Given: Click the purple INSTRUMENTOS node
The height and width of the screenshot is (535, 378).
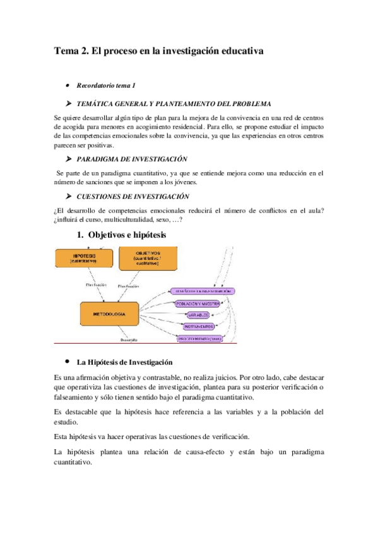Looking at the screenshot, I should [199, 327].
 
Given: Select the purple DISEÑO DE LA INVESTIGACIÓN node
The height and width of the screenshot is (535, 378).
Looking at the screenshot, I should [202, 291].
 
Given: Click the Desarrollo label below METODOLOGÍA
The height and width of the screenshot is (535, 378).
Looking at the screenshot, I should [129, 341].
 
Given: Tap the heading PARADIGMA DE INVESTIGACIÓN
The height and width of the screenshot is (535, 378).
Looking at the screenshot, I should [131, 160].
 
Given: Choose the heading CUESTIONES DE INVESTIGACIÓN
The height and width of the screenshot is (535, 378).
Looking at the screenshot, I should [132, 196].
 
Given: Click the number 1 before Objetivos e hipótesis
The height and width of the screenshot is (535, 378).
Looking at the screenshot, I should [80, 235].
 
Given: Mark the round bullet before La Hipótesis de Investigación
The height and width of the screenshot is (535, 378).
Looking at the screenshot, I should [67, 362].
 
